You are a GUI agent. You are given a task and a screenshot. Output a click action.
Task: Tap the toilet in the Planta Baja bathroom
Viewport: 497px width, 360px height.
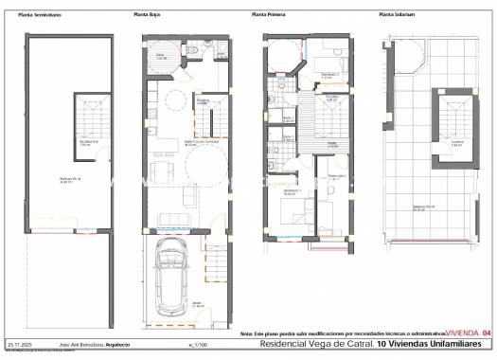[192, 49]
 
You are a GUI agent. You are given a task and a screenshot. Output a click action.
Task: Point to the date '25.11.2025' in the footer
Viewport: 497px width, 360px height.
[19, 345]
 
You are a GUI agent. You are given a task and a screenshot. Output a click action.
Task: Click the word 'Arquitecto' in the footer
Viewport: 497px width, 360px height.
[117, 345]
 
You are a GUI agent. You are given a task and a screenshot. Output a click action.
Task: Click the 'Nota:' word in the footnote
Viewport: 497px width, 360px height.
[246, 333]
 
